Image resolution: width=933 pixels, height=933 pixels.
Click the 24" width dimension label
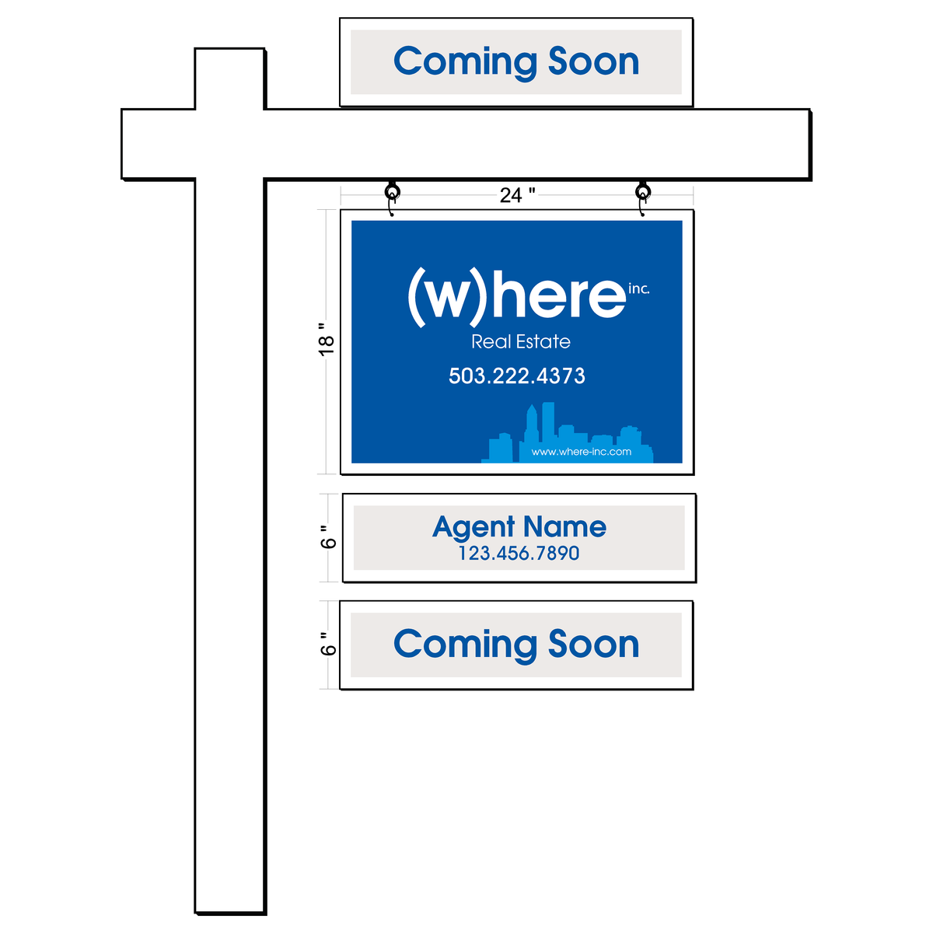517,195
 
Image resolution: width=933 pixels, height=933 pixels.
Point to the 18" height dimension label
327,340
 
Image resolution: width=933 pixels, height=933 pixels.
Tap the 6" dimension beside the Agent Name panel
328,536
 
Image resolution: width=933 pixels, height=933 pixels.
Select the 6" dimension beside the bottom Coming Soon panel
328,644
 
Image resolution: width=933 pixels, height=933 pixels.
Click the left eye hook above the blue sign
392,198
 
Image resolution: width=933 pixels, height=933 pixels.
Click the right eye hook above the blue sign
642,198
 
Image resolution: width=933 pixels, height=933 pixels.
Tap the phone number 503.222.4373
516,376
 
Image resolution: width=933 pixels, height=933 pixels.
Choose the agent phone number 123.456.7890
519,553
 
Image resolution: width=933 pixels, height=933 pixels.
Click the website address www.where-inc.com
581,452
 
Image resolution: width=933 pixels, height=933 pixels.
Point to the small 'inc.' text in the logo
638,288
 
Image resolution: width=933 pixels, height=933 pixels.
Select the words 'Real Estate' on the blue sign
521,342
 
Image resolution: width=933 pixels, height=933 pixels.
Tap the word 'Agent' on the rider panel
473,527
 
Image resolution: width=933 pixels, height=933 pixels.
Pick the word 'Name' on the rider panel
564,526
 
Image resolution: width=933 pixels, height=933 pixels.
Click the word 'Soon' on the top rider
593,61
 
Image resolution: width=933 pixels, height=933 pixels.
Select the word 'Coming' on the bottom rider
465,645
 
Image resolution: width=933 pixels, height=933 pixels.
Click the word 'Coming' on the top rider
465,63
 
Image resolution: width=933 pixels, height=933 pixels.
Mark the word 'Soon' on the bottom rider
593,644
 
